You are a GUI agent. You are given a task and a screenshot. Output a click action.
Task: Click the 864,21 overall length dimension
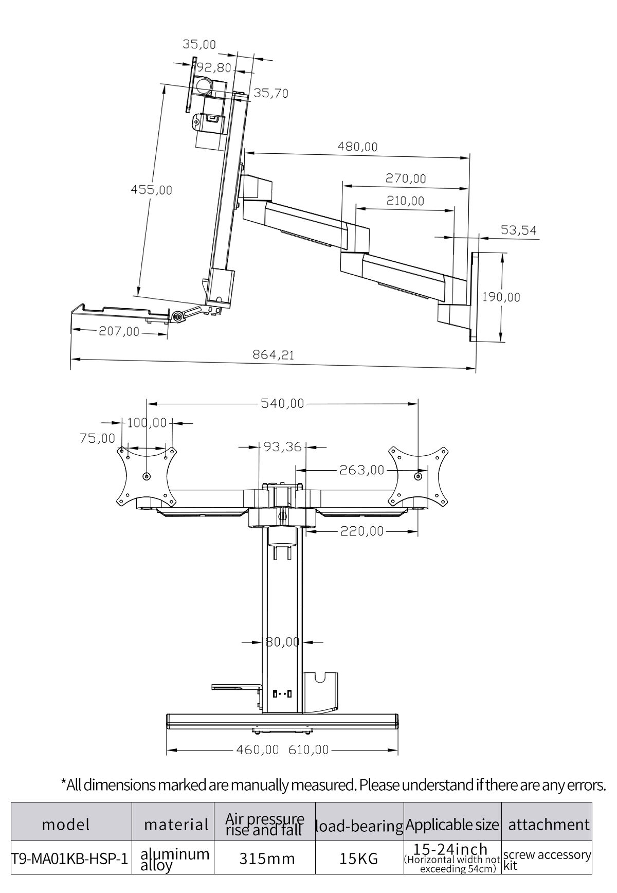pos(273,355)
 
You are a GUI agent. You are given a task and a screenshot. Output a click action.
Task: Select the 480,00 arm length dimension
pos(357,147)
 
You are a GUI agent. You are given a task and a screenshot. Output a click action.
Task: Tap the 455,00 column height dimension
pos(151,190)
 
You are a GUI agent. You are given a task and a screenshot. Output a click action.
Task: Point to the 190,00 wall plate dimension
pos(501,297)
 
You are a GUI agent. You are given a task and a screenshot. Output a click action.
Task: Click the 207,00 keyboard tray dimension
pos(119,332)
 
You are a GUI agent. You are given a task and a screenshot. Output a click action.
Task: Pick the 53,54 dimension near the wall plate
pos(518,230)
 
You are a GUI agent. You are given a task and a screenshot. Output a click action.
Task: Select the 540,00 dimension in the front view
pos(282,404)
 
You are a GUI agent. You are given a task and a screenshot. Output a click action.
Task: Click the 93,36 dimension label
pos(282,447)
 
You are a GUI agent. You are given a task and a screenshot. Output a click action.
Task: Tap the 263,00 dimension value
pos(361,470)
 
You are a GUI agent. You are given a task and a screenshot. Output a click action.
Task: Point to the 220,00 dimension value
pos(362,531)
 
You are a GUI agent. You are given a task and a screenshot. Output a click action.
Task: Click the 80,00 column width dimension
pos(282,641)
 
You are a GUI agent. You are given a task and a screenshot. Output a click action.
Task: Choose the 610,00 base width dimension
pos(308,749)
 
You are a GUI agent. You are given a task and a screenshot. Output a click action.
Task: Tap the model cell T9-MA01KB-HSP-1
pos(69,859)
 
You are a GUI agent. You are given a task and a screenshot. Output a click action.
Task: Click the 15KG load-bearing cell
pos(359,859)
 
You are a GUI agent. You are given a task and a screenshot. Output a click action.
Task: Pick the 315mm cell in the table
pos(267,859)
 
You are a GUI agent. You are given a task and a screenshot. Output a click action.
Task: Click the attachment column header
pos(549,825)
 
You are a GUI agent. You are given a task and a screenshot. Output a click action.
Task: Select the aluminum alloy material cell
pos(175,859)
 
